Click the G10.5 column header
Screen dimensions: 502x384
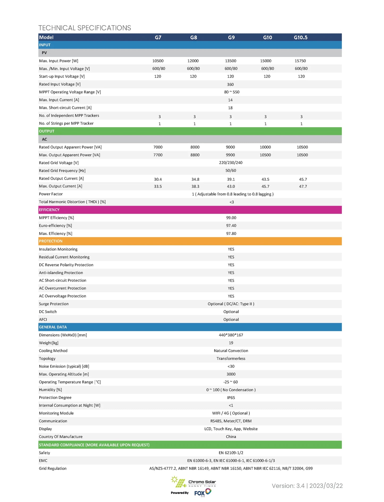click(300, 37)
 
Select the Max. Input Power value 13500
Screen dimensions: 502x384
click(230, 61)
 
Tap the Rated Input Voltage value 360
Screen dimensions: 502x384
click(230, 85)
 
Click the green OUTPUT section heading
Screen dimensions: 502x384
click(47, 131)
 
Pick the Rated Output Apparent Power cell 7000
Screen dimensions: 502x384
click(158, 147)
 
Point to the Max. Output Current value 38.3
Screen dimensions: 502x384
click(195, 187)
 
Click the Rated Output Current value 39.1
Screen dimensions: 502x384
click(231, 179)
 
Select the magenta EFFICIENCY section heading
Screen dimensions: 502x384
click(49, 210)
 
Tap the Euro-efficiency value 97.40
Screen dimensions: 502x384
click(231, 226)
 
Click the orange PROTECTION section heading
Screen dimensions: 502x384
click(51, 241)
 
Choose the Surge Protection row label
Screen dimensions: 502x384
click(54, 304)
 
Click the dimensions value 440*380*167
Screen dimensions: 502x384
click(231, 335)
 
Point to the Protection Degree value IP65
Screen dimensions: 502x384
click(231, 398)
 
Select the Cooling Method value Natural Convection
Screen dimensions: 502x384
click(231, 351)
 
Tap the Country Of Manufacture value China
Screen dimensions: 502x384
click(231, 437)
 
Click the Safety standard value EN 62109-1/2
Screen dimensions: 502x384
click(231, 453)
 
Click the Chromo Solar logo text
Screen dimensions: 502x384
click(202, 482)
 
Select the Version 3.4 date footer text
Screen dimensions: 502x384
click(307, 486)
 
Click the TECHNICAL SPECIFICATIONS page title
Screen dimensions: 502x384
click(85, 28)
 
